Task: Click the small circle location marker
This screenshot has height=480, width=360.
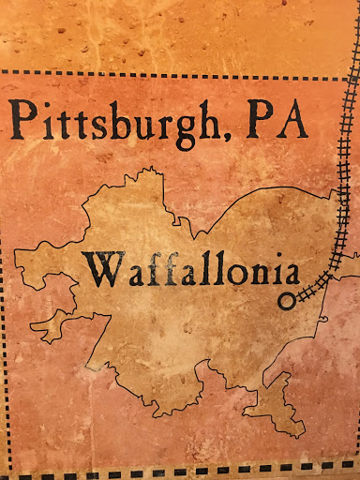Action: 286,302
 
